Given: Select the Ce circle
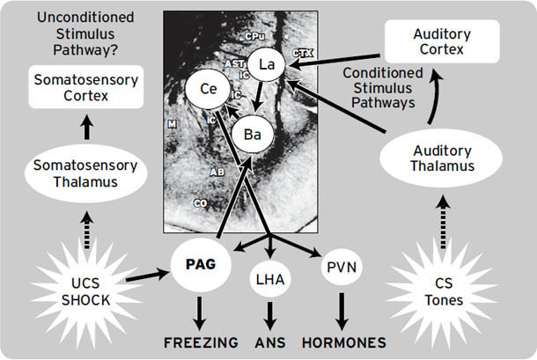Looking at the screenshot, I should click(206, 89).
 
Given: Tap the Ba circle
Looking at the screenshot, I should click(252, 135).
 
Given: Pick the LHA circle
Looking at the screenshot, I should click(269, 279).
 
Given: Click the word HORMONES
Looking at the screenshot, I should click(342, 341).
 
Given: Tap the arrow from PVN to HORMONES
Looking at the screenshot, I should click(339, 311).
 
